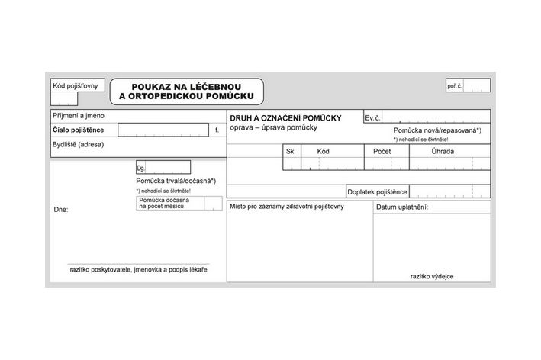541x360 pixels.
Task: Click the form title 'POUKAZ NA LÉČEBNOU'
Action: click(186, 87)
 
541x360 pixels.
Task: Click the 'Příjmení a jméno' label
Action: click(79, 117)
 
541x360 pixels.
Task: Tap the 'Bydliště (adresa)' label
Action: click(79, 144)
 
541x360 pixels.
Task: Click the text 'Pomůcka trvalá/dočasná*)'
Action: click(176, 181)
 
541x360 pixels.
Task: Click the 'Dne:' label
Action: click(61, 208)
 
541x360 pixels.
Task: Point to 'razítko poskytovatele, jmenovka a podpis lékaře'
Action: click(138, 270)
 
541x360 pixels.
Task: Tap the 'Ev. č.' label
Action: click(373, 119)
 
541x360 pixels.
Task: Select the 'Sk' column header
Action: click(290, 152)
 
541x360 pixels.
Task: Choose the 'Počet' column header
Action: click(382, 152)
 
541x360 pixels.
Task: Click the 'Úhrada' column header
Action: click(442, 152)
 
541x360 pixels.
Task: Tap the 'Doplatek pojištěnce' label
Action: click(377, 191)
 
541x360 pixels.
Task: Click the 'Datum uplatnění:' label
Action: click(402, 207)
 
